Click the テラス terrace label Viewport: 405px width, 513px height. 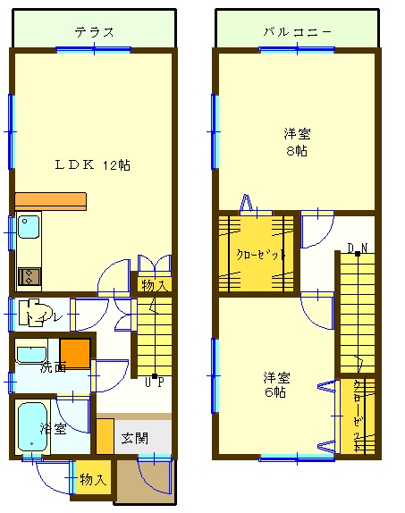94,32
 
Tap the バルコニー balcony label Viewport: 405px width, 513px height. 298,32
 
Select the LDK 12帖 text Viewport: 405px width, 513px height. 92,164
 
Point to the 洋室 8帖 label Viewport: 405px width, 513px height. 297,142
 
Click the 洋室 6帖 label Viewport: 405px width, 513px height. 276,384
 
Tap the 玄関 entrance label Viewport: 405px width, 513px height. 135,439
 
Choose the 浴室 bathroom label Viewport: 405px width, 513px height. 54,429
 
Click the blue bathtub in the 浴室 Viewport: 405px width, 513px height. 32,427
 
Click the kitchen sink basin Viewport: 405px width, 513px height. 29,226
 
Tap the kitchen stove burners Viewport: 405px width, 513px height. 30,276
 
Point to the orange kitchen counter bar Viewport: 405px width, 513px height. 51,201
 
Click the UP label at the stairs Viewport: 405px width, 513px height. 154,383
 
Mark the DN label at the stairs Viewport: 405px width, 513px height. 358,248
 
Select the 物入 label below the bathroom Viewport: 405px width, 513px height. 93,480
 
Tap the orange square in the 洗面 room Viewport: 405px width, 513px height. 74,354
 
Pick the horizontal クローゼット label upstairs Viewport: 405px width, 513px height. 261,254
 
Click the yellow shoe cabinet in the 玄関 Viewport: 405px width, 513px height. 105,436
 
